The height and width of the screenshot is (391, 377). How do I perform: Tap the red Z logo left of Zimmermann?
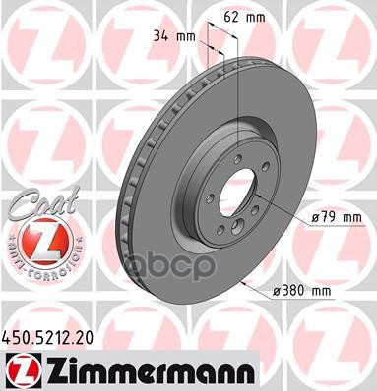[18, 367]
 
